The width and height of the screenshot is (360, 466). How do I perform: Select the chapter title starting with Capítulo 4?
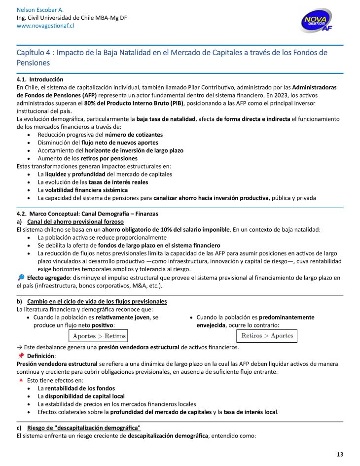[172, 57]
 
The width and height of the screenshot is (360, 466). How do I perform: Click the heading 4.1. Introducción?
[40, 79]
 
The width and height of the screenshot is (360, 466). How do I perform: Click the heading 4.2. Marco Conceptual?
[87, 214]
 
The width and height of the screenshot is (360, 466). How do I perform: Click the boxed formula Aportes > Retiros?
[97, 336]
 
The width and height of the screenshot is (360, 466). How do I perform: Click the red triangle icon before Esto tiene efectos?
[20, 380]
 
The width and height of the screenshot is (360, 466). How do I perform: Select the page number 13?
[340, 454]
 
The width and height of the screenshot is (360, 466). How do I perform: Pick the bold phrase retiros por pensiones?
[109, 158]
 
